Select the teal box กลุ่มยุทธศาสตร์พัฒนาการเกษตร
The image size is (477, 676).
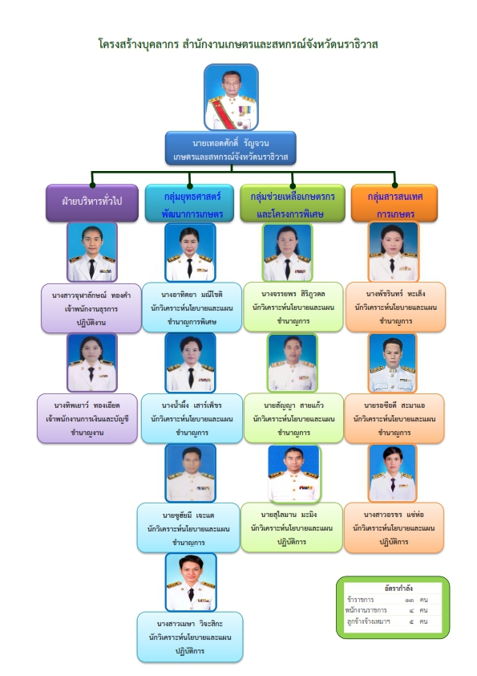[x=189, y=203]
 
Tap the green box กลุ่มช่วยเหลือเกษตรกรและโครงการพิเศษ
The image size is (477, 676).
[x=293, y=203]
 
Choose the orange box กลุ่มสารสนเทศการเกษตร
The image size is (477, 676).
[x=394, y=203]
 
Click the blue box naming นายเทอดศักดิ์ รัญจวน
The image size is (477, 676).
[x=231, y=149]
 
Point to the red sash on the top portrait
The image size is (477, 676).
[x=228, y=113]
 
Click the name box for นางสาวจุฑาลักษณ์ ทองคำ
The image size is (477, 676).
[x=91, y=308]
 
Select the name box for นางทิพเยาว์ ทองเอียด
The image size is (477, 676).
[x=87, y=418]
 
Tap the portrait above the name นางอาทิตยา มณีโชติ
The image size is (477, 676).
[x=190, y=252]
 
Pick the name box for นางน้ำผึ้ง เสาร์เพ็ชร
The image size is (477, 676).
[x=192, y=418]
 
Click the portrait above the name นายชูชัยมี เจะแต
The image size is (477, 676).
[x=190, y=474]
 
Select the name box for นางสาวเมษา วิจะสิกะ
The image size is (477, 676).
[x=190, y=637]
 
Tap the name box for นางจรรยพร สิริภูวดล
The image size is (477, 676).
[x=293, y=307]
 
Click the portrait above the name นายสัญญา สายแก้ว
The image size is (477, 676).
[x=293, y=363]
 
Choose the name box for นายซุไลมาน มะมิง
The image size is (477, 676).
[x=292, y=527]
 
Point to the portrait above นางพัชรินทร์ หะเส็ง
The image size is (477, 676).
[x=394, y=252]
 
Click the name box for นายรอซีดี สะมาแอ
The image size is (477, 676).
[x=394, y=418]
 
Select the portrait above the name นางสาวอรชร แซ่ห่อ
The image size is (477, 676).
[x=393, y=473]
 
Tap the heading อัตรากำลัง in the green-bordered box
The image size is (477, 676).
[x=398, y=588]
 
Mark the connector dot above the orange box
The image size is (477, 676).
[x=394, y=185]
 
